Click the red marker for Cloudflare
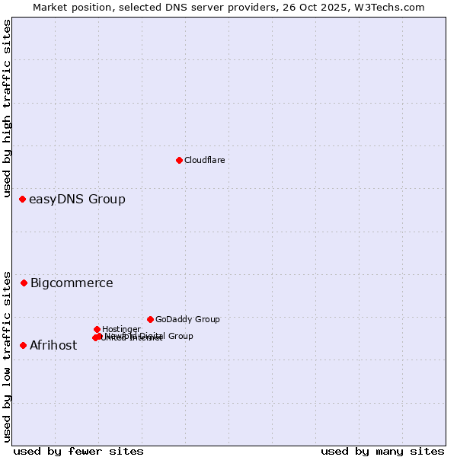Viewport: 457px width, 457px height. point(179,160)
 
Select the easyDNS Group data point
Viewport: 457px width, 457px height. point(22,200)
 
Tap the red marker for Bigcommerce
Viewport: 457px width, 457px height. point(24,283)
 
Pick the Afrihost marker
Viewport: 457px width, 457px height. point(23,346)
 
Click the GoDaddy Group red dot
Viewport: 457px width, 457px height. point(150,319)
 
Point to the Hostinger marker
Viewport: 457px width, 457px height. point(97,329)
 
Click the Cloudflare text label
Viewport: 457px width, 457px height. point(204,160)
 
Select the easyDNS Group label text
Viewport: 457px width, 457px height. point(77,200)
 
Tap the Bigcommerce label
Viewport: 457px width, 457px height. point(72,283)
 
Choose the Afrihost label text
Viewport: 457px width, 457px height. point(53,346)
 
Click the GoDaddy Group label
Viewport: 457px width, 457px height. point(187,319)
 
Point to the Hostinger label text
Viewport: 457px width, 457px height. point(121,329)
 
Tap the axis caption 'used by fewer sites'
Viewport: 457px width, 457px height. point(78,451)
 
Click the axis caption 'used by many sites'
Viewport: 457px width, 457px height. point(382,451)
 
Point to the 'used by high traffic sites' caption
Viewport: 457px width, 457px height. point(8,108)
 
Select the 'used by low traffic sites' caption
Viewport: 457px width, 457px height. point(8,356)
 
